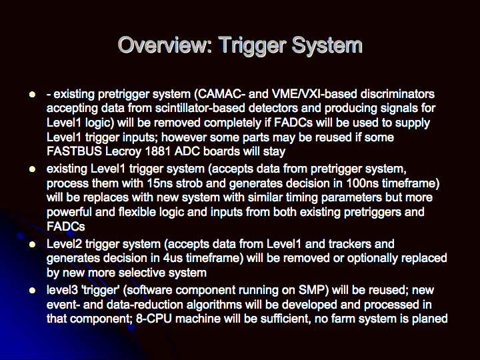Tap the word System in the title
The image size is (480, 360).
point(327,45)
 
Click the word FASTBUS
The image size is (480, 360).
point(74,151)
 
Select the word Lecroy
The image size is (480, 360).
point(123,152)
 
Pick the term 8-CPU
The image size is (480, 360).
point(154,319)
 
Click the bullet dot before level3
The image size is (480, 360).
point(32,290)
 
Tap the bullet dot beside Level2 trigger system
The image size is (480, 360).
point(32,244)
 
